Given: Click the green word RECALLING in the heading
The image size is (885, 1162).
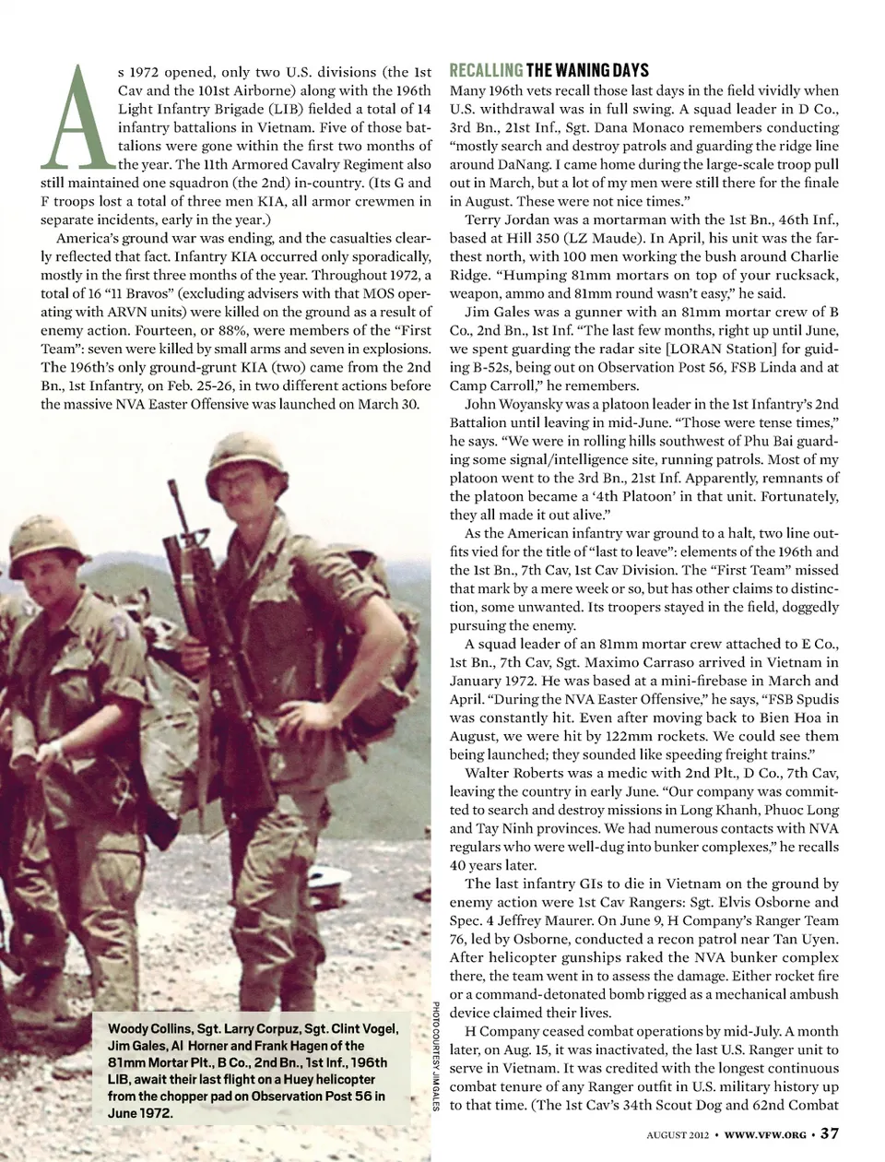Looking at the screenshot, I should coord(486,71).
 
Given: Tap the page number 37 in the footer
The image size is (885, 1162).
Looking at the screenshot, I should coord(829,1133).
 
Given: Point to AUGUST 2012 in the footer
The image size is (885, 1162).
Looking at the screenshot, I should coord(678,1134).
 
